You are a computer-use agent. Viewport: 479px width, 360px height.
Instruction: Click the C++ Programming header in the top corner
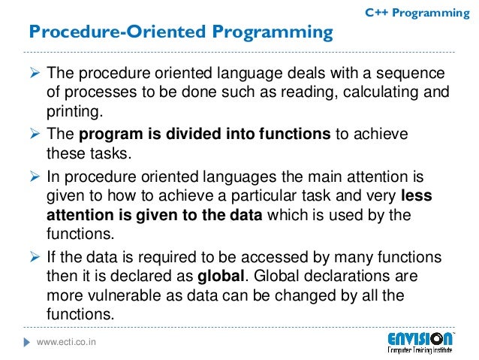(417, 13)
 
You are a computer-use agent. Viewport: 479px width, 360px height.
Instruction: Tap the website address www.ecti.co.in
(72, 343)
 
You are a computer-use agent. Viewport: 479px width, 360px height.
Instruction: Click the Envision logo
(420, 343)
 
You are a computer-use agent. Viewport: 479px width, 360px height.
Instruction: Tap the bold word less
(417, 196)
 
